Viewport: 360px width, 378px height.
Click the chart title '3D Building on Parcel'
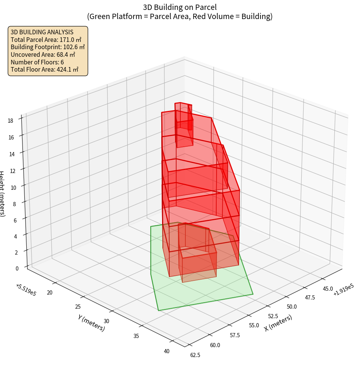click(x=180, y=7)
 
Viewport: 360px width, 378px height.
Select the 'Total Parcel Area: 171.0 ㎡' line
click(x=46, y=40)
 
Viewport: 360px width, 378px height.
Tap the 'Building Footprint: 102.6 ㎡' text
click(x=48, y=47)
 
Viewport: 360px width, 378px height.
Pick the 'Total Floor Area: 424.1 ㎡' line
click(x=44, y=69)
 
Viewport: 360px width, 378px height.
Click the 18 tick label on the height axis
click(x=10, y=121)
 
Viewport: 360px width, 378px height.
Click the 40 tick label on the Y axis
click(x=167, y=351)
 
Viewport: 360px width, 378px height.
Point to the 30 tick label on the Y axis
click(x=106, y=321)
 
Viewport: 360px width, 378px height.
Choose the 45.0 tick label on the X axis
click(x=327, y=289)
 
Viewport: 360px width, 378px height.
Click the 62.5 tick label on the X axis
click(x=195, y=355)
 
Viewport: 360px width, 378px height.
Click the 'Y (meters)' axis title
click(x=91, y=323)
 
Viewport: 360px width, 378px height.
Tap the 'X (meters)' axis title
click(x=278, y=323)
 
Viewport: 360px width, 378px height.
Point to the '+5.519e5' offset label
click(x=26, y=290)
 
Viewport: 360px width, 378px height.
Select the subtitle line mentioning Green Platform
click(x=180, y=16)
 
